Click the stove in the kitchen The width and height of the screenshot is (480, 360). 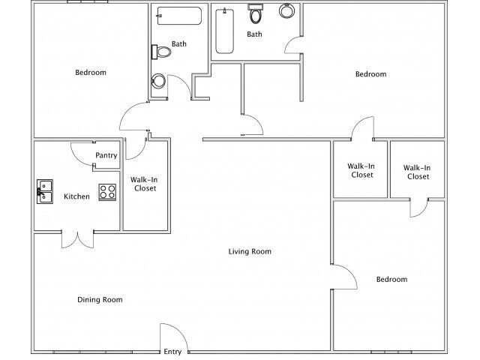pyautogui.click(x=107, y=191)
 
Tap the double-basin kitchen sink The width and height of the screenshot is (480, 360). pyautogui.click(x=45, y=191)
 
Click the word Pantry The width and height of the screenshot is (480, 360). pyautogui.click(x=106, y=156)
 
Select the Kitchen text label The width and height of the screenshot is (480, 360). pyautogui.click(x=76, y=196)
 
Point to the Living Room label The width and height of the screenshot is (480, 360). pyautogui.click(x=250, y=252)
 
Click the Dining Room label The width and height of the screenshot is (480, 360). pyautogui.click(x=100, y=300)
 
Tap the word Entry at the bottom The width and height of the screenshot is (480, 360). pyautogui.click(x=172, y=352)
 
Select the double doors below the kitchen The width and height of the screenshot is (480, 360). pyautogui.click(x=77, y=238)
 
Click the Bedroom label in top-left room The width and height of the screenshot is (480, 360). pyautogui.click(x=91, y=73)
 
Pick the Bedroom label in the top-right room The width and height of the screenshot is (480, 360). pyautogui.click(x=370, y=73)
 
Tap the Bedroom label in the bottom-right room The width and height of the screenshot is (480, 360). pyautogui.click(x=391, y=280)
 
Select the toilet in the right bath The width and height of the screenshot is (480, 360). pyautogui.click(x=256, y=14)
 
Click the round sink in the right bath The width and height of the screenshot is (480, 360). pyautogui.click(x=286, y=11)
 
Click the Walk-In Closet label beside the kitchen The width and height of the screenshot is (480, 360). pyautogui.click(x=143, y=184)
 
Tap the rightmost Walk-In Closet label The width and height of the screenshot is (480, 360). pyautogui.click(x=416, y=172)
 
